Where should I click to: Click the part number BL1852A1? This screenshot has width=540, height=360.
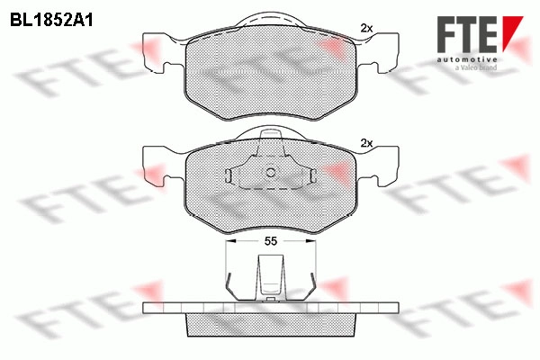(51, 20)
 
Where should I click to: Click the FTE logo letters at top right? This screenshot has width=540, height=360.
(467, 34)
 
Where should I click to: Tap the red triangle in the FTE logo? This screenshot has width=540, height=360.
(512, 32)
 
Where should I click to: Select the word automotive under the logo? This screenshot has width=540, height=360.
(467, 60)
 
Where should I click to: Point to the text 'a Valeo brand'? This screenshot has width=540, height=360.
(476, 67)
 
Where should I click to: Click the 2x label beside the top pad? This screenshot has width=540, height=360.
(366, 28)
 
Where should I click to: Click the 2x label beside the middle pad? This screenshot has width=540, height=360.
(366, 143)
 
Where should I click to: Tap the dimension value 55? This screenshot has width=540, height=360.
(270, 241)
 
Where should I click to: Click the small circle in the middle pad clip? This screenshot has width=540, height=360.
(271, 173)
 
